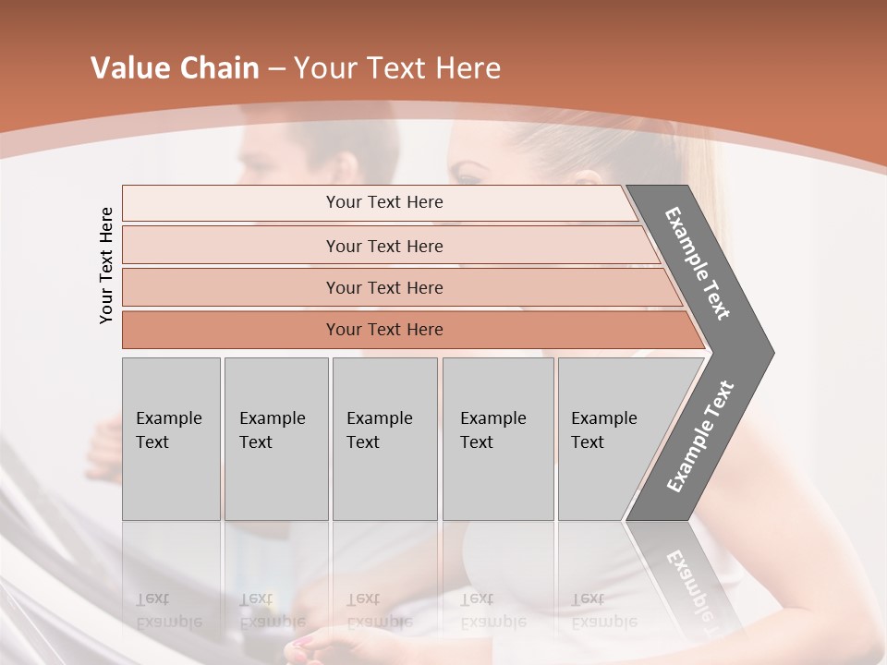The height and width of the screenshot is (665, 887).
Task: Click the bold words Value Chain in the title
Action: point(175,68)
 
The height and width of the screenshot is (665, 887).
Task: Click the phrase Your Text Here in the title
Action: point(397,68)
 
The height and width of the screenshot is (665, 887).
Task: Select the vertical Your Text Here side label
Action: point(106,265)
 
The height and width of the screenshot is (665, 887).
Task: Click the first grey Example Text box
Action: point(171,439)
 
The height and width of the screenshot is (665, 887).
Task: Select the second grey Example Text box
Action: point(275,439)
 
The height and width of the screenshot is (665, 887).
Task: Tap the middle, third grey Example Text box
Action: point(384,439)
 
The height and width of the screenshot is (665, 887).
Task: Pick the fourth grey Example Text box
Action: point(497,439)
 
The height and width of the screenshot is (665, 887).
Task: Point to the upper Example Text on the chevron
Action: point(699,263)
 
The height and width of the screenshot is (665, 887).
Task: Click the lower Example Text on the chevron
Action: point(699,437)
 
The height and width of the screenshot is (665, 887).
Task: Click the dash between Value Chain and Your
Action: point(276,70)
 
